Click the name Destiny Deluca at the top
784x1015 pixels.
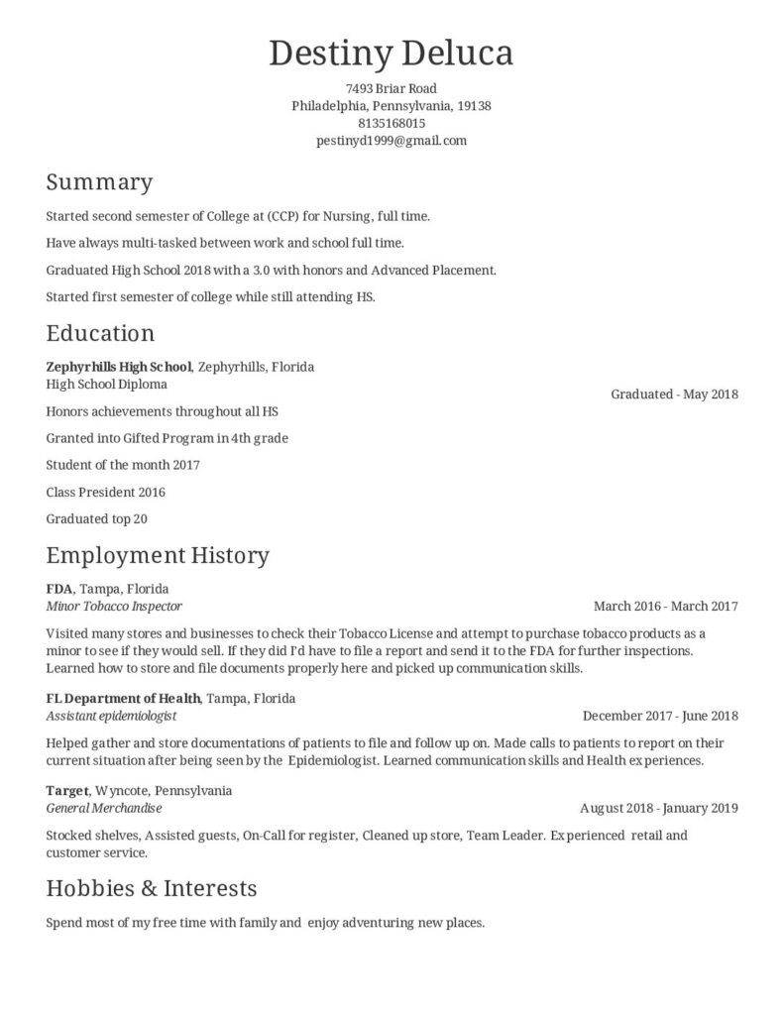tap(392, 53)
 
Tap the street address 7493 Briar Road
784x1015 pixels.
tap(392, 88)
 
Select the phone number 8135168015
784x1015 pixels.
tap(392, 123)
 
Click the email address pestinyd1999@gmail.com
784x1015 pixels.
tap(392, 141)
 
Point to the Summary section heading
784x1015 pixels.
tap(99, 182)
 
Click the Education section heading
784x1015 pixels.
tap(100, 332)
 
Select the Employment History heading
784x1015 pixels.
tap(158, 554)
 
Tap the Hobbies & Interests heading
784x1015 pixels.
tap(152, 887)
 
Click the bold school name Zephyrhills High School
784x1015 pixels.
tap(119, 367)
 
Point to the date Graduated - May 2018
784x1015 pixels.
tap(674, 394)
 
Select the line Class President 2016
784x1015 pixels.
tap(106, 492)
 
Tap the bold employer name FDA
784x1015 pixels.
tap(59, 589)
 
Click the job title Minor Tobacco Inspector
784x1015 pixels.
tap(114, 606)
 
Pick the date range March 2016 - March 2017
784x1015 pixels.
tap(665, 606)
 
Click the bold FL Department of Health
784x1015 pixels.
tap(123, 698)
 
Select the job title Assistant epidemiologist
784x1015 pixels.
tap(111, 715)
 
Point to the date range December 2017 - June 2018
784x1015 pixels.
tap(660, 715)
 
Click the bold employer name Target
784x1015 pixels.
tap(67, 791)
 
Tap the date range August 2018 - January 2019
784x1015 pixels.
tap(658, 808)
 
